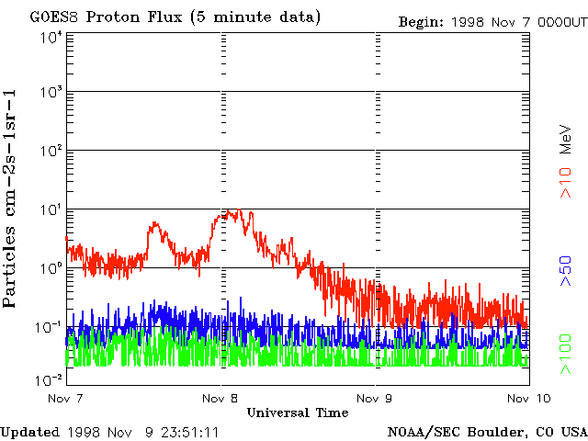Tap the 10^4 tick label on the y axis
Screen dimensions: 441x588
click(x=50, y=38)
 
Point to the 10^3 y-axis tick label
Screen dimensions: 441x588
click(x=50, y=93)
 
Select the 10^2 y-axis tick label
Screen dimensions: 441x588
click(x=50, y=151)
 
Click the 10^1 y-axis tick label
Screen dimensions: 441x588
click(x=50, y=210)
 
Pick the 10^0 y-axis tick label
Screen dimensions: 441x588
click(x=50, y=268)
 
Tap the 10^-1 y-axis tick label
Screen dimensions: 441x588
click(x=48, y=327)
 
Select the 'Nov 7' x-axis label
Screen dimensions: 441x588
click(x=65, y=398)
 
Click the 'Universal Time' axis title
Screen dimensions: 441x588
click(x=297, y=413)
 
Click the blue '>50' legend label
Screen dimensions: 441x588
click(x=568, y=272)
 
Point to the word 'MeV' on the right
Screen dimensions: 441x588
click(x=568, y=139)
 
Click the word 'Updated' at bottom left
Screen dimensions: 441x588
click(x=28, y=431)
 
